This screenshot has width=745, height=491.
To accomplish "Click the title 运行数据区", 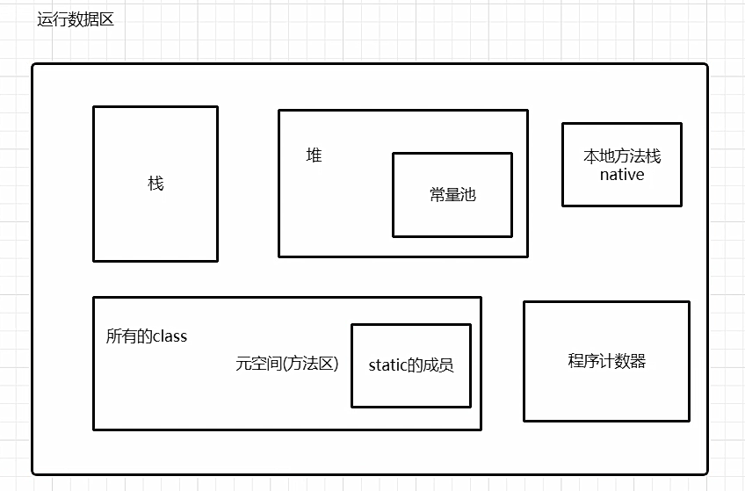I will (76, 20).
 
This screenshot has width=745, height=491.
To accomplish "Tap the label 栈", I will (156, 184).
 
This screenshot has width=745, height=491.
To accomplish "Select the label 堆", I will (314, 155).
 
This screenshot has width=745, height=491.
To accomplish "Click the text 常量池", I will (452, 195).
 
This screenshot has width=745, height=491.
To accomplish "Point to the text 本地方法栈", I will (621, 156).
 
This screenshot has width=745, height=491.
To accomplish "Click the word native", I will (622, 175).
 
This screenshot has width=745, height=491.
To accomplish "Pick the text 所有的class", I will (146, 336).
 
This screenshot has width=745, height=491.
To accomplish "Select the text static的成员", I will (410, 365).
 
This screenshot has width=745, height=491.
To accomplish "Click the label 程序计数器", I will (606, 361).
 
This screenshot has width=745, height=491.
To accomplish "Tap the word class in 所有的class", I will (170, 336).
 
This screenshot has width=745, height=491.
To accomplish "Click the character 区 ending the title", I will (106, 20).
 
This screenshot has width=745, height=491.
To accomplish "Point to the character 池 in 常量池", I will (468, 195).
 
